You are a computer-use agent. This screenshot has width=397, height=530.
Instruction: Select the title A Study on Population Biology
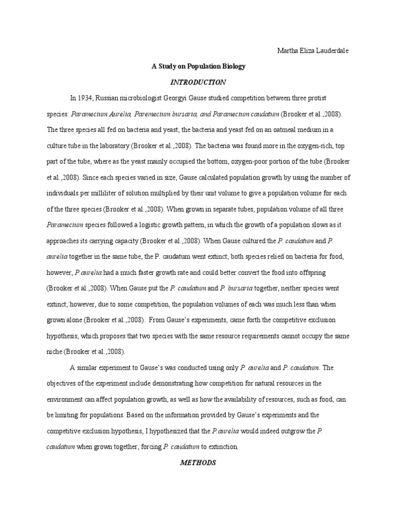[x=198, y=66]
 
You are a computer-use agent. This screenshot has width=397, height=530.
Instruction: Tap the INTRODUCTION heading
[x=198, y=82]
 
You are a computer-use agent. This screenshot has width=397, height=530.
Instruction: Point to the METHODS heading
[x=198, y=463]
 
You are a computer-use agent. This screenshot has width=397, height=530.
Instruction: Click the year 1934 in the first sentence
[x=85, y=98]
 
